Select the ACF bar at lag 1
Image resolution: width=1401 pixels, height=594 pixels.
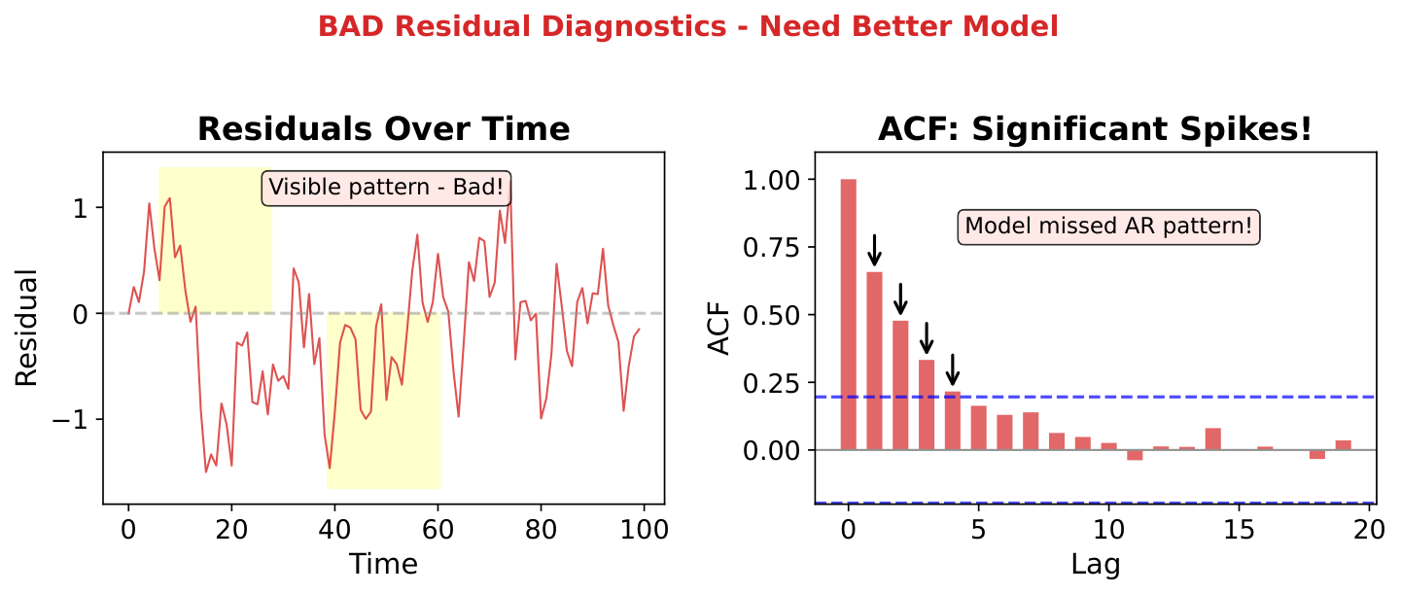874,361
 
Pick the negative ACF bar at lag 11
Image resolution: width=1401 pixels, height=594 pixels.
1135,455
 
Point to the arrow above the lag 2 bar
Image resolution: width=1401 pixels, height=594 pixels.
900,298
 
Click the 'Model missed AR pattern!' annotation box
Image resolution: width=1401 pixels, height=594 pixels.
1108,227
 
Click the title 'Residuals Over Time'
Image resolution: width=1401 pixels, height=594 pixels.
383,129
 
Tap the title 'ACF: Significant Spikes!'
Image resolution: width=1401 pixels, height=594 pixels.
1095,129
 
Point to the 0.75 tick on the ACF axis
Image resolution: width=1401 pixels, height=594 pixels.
774,248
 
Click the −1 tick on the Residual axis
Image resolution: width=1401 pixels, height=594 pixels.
76,420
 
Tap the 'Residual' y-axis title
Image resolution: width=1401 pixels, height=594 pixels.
27,328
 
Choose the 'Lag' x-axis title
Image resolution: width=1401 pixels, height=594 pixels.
1095,565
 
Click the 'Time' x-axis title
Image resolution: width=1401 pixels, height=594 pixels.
383,564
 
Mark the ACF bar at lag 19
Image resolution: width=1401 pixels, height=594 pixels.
1343,445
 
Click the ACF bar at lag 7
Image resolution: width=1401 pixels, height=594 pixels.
1031,432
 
